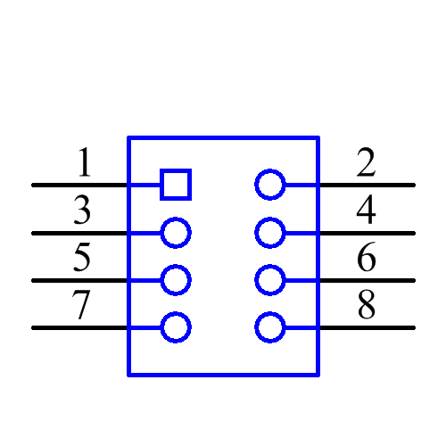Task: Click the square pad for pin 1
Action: coord(176,185)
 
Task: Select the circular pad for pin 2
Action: coord(269,185)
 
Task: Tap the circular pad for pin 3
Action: coord(176,233)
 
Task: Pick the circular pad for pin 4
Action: coord(269,233)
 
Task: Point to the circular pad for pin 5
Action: coord(176,280)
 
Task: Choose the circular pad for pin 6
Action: coord(269,280)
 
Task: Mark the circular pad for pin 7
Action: coord(176,327)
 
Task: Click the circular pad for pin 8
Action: coord(269,327)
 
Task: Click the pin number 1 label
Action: coord(83,164)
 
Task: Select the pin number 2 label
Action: coord(366,164)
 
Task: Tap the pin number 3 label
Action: coord(82,211)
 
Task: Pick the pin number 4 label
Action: coord(366,211)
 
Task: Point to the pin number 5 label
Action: coord(82,259)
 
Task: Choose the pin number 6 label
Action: coord(366,259)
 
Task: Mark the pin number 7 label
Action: coord(82,306)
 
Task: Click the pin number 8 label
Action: coord(366,306)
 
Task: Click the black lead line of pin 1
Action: coord(80,185)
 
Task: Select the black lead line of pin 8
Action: coord(366,327)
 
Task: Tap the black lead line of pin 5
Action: coord(80,280)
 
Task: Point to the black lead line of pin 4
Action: coord(366,233)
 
